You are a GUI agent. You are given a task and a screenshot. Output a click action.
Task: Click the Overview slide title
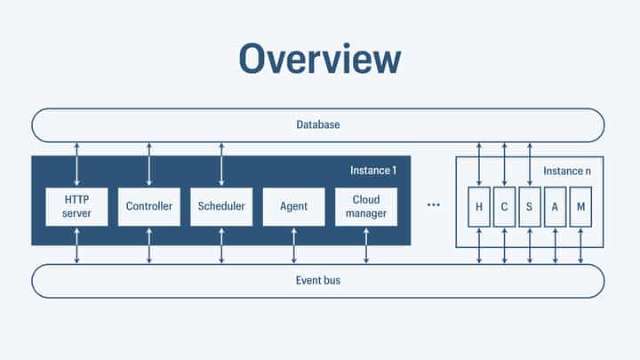(x=319, y=59)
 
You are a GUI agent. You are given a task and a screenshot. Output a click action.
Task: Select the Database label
(x=318, y=124)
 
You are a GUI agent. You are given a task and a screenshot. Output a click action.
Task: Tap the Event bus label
(x=318, y=281)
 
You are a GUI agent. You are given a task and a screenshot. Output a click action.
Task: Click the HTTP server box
(x=76, y=206)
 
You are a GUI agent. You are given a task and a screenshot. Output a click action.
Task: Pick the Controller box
(x=148, y=206)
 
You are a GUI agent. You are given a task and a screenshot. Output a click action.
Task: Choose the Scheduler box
(x=221, y=206)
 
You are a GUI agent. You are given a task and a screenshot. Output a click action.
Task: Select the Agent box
(x=293, y=206)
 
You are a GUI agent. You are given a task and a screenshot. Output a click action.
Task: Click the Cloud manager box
(x=366, y=206)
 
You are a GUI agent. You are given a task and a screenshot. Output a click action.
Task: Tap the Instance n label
(x=567, y=169)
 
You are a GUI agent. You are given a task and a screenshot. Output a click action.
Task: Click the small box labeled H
(x=479, y=206)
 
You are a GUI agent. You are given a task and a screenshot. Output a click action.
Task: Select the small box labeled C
(x=504, y=206)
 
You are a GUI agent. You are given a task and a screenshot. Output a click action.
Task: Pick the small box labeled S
(x=530, y=206)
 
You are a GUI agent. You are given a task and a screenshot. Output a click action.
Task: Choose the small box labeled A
(x=556, y=206)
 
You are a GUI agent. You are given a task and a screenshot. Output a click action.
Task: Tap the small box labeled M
(x=580, y=206)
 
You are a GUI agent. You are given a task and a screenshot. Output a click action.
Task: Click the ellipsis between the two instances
(x=434, y=205)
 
